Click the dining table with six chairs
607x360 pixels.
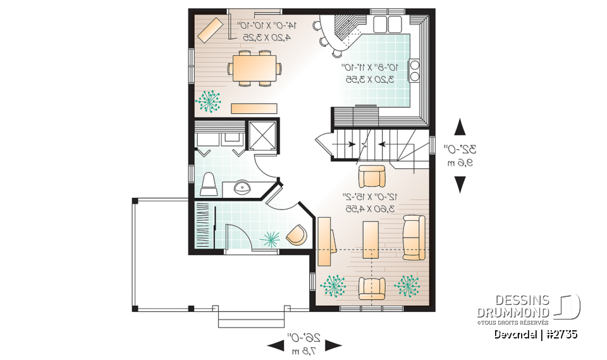click(x=256, y=68)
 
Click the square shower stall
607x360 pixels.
click(x=263, y=133)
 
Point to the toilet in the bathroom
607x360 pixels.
click(x=209, y=184)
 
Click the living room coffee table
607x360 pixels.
click(x=371, y=240)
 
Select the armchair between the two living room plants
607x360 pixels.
click(x=372, y=288)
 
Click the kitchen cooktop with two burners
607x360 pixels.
click(x=414, y=70)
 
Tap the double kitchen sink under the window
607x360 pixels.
click(x=388, y=25)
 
